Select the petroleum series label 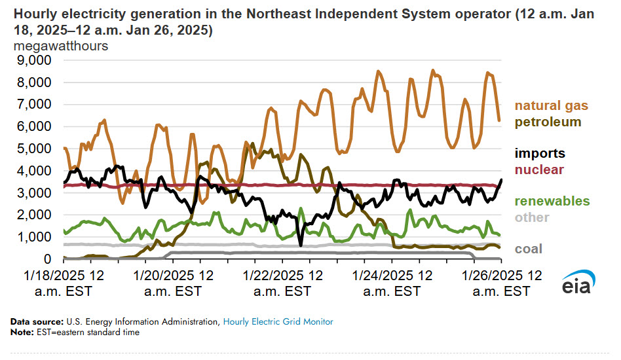pyautogui.click(x=548, y=122)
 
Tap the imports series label pyautogui.click(x=539, y=154)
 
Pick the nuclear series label pyautogui.click(x=539, y=170)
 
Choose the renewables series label pyautogui.click(x=552, y=202)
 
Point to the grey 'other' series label pyautogui.click(x=531, y=218)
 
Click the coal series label pyautogui.click(x=528, y=249)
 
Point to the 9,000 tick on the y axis pyautogui.click(x=33, y=60)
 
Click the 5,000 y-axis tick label pyautogui.click(x=33, y=149)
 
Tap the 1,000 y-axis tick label pyautogui.click(x=33, y=237)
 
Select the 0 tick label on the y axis pyautogui.click(x=48, y=259)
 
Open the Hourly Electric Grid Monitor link pyautogui.click(x=278, y=322)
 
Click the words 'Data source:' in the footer pyautogui.click(x=36, y=322)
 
